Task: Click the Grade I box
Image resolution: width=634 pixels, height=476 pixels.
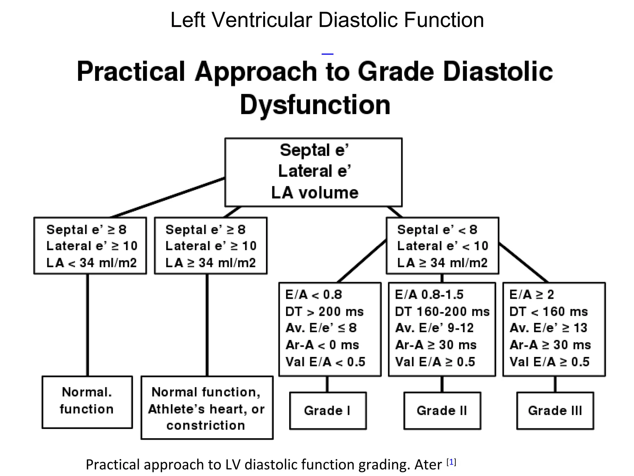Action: point(328,411)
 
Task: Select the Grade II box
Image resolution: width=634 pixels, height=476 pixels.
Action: point(442,411)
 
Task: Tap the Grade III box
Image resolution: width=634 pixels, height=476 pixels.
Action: point(555,411)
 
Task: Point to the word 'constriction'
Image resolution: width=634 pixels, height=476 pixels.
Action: point(206,425)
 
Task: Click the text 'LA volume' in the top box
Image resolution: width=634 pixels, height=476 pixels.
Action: point(315,192)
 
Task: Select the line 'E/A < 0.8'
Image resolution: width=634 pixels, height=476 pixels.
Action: point(314,295)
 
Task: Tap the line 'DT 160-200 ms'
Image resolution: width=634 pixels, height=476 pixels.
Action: point(442,311)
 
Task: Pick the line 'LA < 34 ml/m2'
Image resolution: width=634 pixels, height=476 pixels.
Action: point(91,263)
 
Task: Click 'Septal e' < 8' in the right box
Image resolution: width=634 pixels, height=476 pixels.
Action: point(437,230)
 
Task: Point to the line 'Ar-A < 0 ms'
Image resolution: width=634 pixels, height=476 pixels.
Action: point(322,345)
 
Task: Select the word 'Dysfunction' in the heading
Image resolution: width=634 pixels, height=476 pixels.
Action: point(315,105)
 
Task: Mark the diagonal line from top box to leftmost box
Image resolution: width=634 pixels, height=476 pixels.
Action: point(167,197)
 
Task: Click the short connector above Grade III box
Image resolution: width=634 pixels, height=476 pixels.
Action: point(555,384)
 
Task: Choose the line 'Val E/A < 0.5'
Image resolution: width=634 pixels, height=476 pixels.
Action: point(325,362)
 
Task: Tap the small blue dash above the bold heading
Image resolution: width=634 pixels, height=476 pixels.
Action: point(327,54)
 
